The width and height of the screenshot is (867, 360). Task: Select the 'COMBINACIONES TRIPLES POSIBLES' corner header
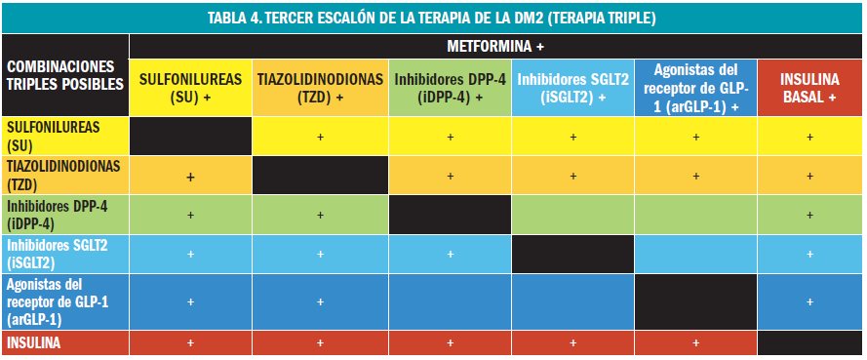(x=65, y=75)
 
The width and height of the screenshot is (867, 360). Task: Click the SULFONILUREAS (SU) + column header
(x=190, y=88)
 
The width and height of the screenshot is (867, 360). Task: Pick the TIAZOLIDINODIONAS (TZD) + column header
(x=320, y=88)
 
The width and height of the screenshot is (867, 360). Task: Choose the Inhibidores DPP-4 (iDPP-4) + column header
(x=450, y=88)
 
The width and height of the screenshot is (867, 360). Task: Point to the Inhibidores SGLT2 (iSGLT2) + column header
(x=573, y=88)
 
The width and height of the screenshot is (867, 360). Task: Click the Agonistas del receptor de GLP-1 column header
(x=695, y=88)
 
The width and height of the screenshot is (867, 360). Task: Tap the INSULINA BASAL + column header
(x=809, y=88)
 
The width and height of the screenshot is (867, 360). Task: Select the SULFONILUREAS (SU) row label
(x=65, y=136)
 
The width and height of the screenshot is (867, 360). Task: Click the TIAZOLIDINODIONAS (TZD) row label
(x=65, y=175)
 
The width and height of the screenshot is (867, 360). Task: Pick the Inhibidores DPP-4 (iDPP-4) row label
(x=65, y=214)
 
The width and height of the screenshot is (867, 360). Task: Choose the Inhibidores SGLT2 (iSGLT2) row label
(x=65, y=253)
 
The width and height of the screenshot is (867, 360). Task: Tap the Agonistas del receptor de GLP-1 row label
(x=65, y=301)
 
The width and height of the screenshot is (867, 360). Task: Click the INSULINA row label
(x=65, y=343)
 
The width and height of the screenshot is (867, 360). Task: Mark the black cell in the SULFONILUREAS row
(x=190, y=136)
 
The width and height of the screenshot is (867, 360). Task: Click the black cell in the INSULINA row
(x=809, y=343)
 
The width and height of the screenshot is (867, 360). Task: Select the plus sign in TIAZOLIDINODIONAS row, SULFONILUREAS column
(x=190, y=177)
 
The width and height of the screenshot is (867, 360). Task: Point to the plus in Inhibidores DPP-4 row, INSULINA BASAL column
(x=809, y=215)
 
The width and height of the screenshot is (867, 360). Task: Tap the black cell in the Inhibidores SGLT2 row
(x=573, y=254)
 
